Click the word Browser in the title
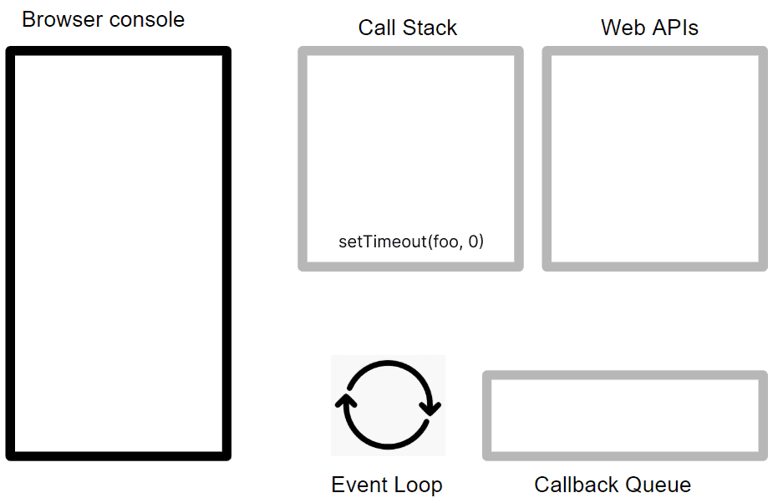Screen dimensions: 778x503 [x=63, y=20]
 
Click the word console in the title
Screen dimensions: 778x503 [x=147, y=20]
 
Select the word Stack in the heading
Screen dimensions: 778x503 [x=430, y=28]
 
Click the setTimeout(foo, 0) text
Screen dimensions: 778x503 [x=411, y=241]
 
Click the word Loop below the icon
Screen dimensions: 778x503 [x=418, y=485]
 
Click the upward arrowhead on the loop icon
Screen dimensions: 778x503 [x=346, y=401]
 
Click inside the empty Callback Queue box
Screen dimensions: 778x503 [x=625, y=416]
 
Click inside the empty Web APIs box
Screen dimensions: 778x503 [x=655, y=159]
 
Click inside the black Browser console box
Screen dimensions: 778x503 [x=119, y=253]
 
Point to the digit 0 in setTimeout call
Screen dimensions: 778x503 [x=473, y=241]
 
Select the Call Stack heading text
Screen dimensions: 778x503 [x=408, y=28]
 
